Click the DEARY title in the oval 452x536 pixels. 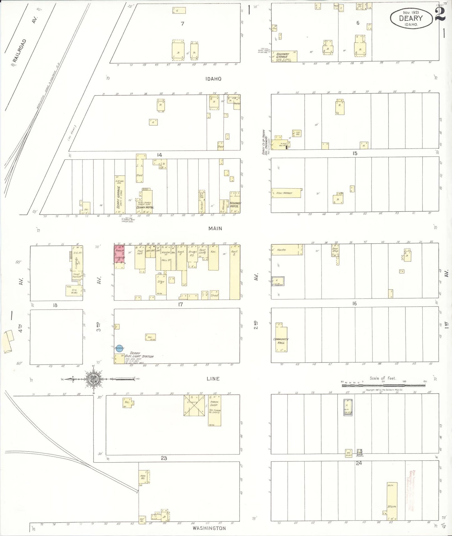(411, 18)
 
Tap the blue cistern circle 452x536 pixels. (119, 348)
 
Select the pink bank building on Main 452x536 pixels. (119, 254)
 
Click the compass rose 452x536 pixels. (94, 379)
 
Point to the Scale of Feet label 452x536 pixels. (383, 378)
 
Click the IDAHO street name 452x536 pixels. (213, 79)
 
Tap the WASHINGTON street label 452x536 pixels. (209, 528)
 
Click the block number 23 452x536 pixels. (164, 458)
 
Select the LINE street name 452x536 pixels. (213, 379)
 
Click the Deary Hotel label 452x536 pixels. (145, 207)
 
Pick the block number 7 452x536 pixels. (182, 23)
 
